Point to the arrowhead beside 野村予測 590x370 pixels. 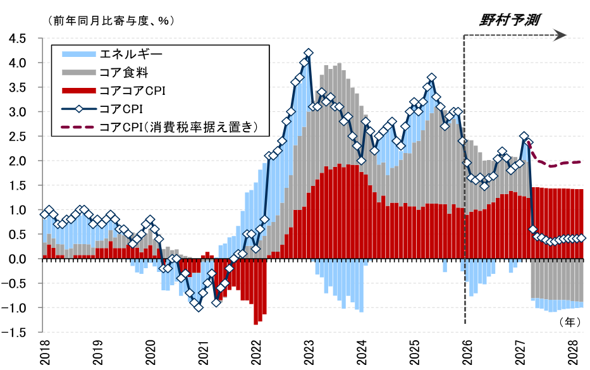(560, 36)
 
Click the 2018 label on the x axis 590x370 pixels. (45, 350)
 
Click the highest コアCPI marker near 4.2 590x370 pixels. (309, 53)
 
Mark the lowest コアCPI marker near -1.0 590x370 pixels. (199, 307)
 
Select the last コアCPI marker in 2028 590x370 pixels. (582, 238)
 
